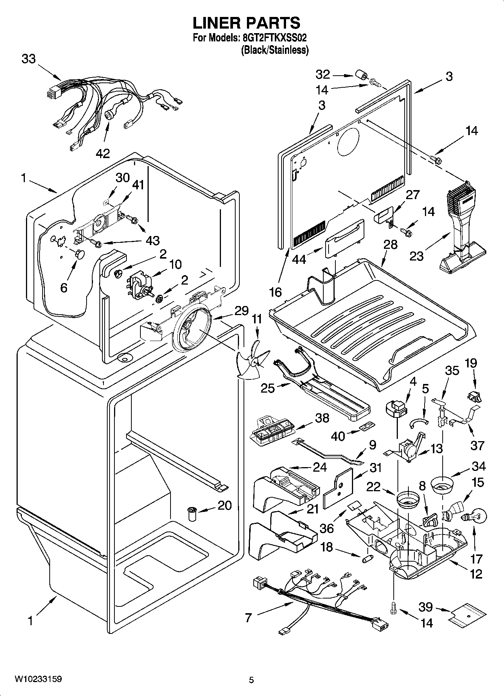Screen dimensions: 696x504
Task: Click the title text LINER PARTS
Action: (247, 23)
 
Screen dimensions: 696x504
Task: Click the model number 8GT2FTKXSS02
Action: (271, 38)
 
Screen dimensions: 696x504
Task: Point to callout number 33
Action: (29, 59)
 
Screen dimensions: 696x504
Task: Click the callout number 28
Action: (390, 244)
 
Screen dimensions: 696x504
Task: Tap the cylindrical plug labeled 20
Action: (192, 513)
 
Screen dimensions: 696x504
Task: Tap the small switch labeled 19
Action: (474, 396)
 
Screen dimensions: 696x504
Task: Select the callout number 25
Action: (268, 388)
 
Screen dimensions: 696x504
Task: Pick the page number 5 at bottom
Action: (251, 680)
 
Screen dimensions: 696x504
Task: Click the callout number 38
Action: (323, 418)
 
